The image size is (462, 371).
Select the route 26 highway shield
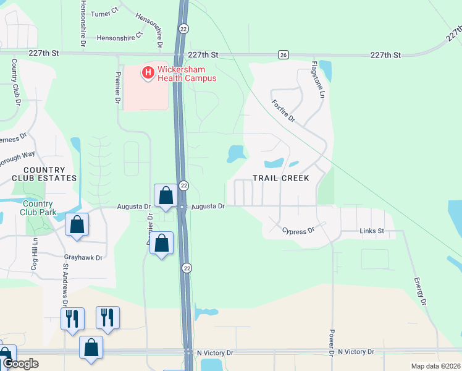(x=283, y=54)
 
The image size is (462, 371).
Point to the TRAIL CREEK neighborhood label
(x=280, y=178)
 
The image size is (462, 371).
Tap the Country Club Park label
(x=39, y=208)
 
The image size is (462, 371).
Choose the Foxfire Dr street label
(x=283, y=110)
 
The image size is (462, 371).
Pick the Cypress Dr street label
(x=298, y=231)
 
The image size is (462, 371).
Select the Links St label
(x=372, y=231)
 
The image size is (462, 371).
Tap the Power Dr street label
(x=332, y=342)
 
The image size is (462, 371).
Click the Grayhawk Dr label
(x=83, y=257)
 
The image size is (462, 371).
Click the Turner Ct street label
(x=104, y=12)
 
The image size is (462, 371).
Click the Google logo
(x=20, y=364)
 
